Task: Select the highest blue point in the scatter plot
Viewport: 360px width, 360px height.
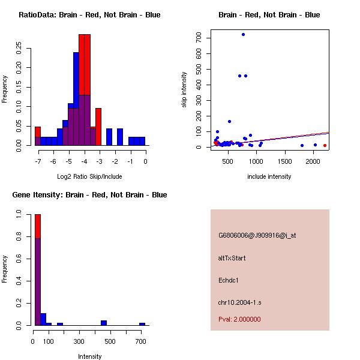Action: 243,34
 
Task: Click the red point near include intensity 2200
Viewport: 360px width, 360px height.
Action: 325,145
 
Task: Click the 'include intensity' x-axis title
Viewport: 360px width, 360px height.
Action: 269,176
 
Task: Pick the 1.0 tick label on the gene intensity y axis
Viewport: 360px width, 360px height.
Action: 20,214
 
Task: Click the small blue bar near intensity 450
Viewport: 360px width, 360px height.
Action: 104,323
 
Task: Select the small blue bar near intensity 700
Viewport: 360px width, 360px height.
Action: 142,324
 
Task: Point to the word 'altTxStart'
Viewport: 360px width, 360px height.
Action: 232,258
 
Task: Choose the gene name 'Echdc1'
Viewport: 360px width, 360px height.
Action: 229,280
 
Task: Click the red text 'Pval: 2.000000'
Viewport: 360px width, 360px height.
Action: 239,319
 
